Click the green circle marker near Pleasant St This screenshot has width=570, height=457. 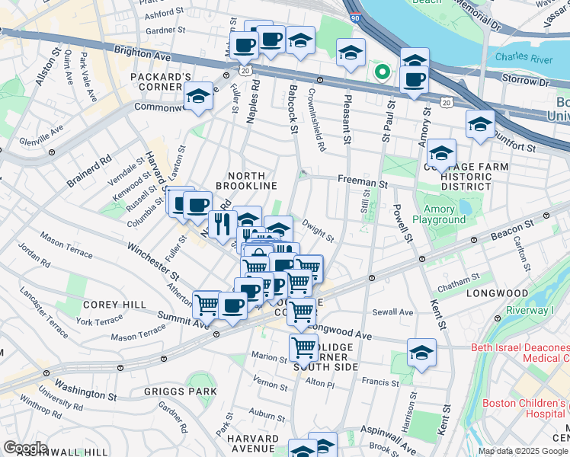point(381,73)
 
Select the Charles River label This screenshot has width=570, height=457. point(522,56)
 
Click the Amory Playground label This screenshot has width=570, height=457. point(439,213)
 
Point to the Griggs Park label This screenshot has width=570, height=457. point(170,391)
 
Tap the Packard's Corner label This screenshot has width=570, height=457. point(160,83)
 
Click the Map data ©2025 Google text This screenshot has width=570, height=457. point(523,451)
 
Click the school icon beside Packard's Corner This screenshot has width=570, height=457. point(198,96)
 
